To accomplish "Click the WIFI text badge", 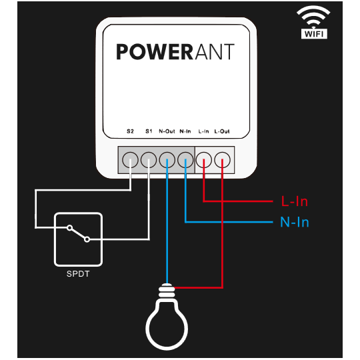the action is point(314,34).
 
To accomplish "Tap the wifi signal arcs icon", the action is point(313,15).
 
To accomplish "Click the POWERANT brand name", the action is point(175,52).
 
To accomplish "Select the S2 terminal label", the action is point(130,131).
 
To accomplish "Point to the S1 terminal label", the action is point(149,131).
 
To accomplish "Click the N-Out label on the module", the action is point(167,131).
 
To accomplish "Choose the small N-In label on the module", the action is point(185,131).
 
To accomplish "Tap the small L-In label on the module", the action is point(203,131).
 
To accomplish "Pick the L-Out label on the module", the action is point(222,131).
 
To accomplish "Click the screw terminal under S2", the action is point(130,160).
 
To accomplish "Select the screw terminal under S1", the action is point(149,160).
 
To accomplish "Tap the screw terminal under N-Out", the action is point(167,160).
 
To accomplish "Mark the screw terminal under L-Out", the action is point(222,160).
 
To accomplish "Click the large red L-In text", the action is point(295,201).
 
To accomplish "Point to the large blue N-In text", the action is point(295,222).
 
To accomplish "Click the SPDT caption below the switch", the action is point(78,274).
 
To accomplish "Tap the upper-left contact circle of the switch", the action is point(69,228).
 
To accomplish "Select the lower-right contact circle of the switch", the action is point(87,239).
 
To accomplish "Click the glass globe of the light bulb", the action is point(167,325).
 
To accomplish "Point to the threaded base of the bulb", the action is point(167,291).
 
